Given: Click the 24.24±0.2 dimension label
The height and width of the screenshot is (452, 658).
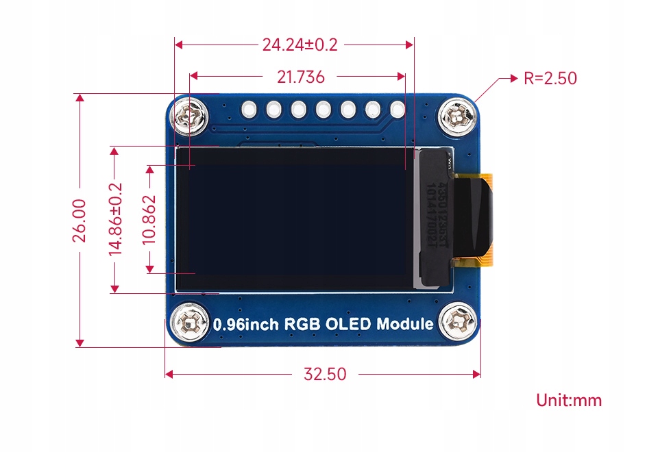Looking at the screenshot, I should point(300,45).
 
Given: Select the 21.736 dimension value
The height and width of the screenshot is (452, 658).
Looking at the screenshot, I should point(300,77).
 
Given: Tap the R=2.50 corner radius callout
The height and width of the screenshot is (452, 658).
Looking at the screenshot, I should point(550,78).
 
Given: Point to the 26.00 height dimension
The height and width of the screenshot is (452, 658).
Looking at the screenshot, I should point(80,220).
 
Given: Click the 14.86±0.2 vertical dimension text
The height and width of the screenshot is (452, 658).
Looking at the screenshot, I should point(116,220).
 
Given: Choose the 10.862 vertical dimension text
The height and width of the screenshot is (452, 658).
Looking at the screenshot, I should point(149,220).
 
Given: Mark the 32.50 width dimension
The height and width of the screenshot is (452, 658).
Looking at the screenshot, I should point(325,374).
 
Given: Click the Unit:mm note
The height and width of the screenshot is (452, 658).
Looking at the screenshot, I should point(569,400).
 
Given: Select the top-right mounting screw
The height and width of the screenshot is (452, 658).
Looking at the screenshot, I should point(457,116).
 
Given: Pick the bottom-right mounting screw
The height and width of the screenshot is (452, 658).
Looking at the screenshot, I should point(457,321).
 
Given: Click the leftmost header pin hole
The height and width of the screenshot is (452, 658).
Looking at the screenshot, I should point(248,108).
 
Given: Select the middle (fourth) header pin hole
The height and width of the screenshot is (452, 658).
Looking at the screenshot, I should point(323,108).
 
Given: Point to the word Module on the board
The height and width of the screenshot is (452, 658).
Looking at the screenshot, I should point(405,324).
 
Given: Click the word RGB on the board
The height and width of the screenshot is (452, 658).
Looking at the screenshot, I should point(302,324).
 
